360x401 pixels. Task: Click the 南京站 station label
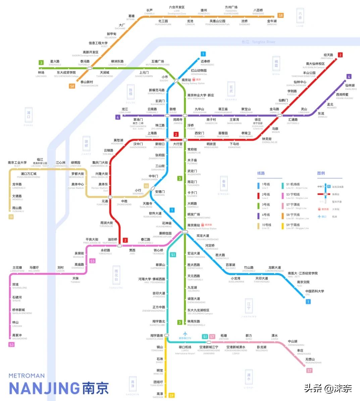tap(186, 80)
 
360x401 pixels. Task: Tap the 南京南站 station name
tap(194, 225)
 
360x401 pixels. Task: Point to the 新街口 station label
tap(160, 144)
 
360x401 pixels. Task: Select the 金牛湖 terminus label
tap(272, 21)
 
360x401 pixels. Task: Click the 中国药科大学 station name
tap(314, 291)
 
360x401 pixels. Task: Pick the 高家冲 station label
tap(17, 335)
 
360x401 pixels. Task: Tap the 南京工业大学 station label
tap(17, 163)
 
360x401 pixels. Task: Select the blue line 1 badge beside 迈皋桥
tap(203, 54)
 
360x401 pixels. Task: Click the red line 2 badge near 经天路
tap(340, 55)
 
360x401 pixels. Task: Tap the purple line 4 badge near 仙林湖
tap(349, 77)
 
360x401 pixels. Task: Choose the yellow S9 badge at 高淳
tap(171, 395)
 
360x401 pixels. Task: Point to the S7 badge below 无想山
tap(309, 370)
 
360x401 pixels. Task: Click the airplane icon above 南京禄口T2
tap(185, 334)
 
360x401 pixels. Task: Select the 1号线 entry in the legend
tap(266, 184)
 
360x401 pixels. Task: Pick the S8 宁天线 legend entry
tap(293, 215)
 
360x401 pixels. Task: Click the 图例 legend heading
tap(321, 173)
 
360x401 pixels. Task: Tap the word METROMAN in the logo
tap(27, 376)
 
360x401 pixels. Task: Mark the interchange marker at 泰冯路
tap(90, 68)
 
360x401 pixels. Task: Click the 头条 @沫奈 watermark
tap(328, 389)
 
